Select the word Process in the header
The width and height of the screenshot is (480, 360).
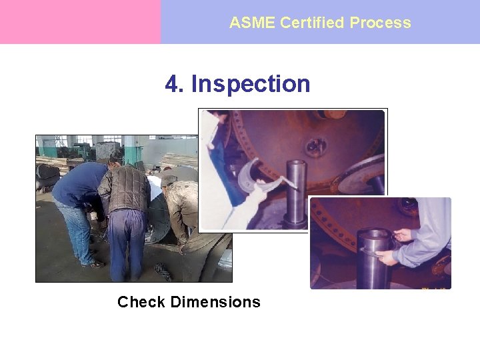[380, 23]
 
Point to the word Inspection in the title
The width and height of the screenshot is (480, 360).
[251, 85]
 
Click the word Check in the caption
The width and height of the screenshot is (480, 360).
[141, 302]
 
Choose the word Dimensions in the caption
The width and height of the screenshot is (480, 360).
[215, 302]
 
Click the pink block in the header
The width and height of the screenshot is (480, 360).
[80, 22]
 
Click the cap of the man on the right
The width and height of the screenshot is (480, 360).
[169, 179]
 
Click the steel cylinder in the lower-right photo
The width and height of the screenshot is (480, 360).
[374, 257]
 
